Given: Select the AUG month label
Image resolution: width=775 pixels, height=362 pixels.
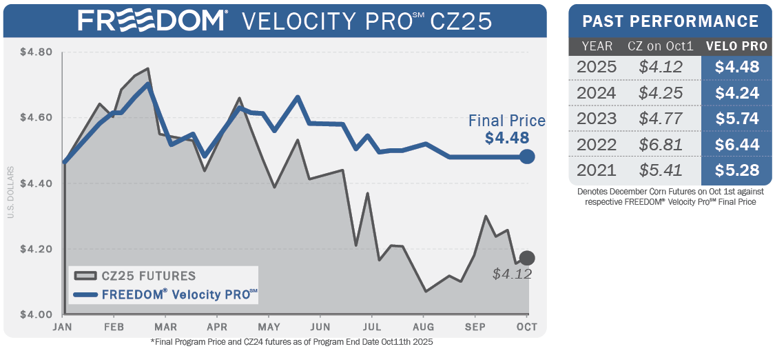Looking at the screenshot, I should point(423,327).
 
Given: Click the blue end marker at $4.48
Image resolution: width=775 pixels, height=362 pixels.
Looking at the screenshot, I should point(527,157).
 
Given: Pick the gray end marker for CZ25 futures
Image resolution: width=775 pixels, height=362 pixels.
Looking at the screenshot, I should point(527,258).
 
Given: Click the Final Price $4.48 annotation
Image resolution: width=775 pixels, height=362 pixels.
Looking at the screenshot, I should point(508,130).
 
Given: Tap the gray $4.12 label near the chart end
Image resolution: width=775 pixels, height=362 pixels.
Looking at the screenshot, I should point(512,274).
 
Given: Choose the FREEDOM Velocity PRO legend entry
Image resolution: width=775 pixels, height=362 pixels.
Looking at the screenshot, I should point(165,294).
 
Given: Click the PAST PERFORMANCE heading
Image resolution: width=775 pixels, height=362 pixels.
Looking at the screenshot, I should point(670,21).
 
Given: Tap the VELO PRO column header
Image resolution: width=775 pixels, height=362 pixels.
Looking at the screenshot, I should point(736,47).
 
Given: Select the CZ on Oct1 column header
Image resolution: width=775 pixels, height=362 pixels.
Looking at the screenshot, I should point(660,47).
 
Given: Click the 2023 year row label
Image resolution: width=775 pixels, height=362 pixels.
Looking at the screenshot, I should point(597,119).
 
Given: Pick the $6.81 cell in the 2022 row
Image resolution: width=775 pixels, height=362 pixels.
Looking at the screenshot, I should point(660,145).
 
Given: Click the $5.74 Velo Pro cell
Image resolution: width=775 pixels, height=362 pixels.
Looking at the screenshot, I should point(736,119).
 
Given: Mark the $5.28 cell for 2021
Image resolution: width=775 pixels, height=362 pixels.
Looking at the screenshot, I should point(736,170).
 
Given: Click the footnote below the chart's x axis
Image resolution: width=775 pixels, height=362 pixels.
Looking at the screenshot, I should point(291,342).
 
